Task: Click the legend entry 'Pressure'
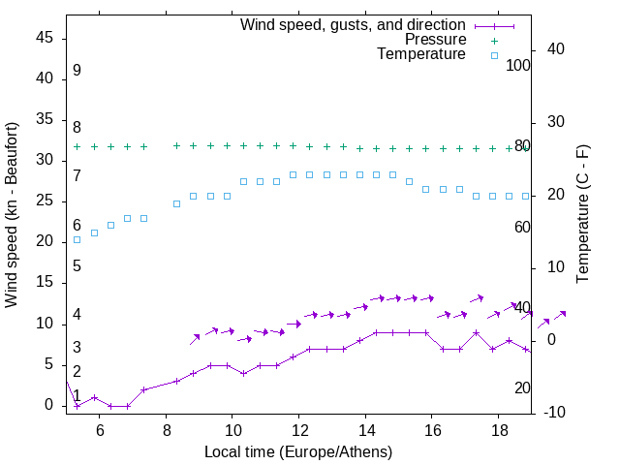435,40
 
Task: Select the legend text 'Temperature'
421,54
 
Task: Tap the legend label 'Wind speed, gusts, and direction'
354,24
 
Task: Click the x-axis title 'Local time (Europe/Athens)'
298,452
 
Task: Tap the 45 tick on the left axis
45,38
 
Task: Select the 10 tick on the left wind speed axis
45,323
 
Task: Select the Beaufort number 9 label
77,71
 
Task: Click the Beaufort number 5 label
77,265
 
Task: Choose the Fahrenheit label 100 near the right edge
519,65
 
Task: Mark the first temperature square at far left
77,239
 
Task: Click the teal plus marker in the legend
494,40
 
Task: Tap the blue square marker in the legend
494,55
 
